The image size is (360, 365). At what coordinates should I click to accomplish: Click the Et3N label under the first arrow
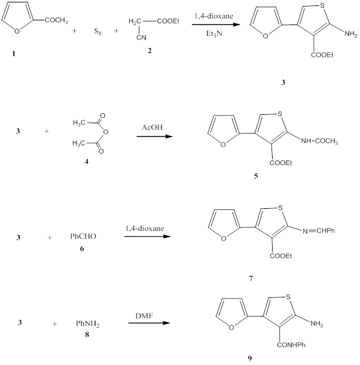coord(211,35)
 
